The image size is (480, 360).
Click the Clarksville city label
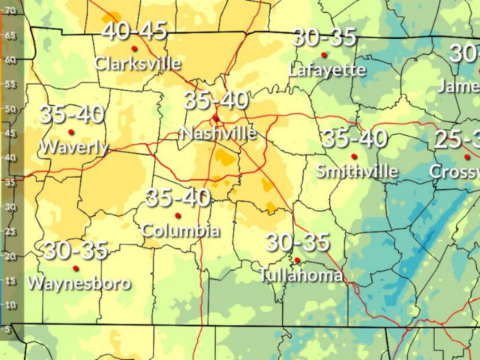pos(137,63)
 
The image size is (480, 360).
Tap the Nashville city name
pos(218,133)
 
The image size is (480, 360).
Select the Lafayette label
pos(327,70)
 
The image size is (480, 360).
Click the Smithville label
pos(357,171)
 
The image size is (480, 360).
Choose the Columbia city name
pos(181,229)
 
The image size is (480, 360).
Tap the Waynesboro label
pos(79,283)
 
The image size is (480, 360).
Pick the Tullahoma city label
pos(301,274)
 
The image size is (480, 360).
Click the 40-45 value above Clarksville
pos(134,31)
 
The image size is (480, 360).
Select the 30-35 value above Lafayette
pos(324,37)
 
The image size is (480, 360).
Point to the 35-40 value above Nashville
pos(216,100)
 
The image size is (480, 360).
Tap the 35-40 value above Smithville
pos(355,138)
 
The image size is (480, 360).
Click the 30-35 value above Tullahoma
pos(298,242)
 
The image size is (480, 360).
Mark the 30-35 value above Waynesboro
pos(76,250)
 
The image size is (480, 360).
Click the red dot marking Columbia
pos(178,215)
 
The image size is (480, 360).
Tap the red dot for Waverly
pos(71,132)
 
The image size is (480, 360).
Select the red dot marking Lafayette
pos(324,55)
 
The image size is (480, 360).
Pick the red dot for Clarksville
pos(134,49)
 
